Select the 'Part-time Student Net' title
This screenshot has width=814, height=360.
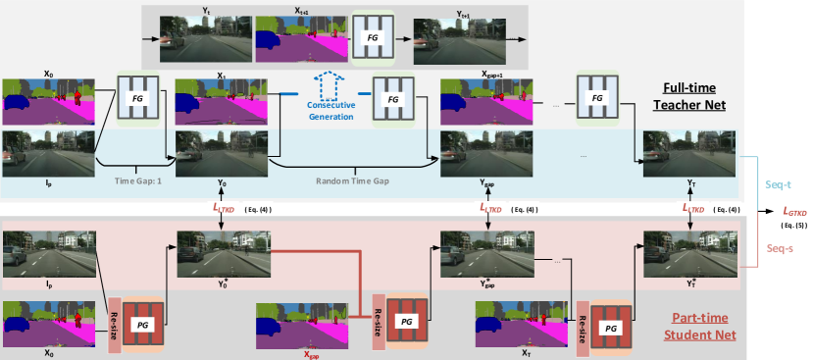click(698, 325)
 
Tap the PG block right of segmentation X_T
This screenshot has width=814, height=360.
click(610, 326)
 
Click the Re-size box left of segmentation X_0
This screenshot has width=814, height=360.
click(114, 323)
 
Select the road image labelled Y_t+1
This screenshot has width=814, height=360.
click(444, 39)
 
